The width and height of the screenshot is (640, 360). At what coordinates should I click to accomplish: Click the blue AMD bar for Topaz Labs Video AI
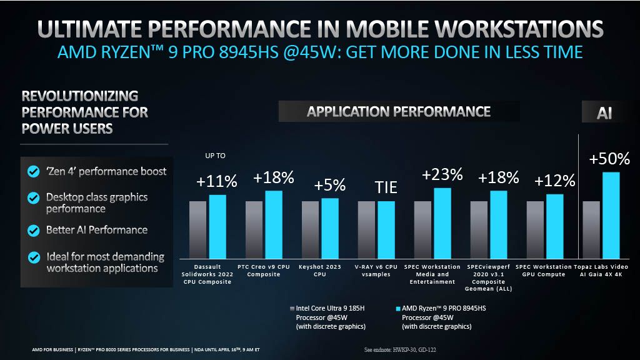pos(611,216)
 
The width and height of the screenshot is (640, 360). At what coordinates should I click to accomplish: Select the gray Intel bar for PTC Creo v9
pos(254,229)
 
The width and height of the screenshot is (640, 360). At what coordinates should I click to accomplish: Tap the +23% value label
pos(442,174)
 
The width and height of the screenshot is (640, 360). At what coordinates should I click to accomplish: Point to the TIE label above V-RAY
pos(386,187)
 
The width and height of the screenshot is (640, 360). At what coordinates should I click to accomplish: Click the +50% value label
pos(609,159)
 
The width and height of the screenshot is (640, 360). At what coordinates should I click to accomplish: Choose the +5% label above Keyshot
pos(329,186)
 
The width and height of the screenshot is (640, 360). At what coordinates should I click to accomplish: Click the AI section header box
pos(604,113)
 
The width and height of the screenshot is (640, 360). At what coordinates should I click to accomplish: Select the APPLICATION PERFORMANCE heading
pos(399,112)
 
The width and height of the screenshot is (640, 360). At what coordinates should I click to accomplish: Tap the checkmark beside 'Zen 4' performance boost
pos(32,171)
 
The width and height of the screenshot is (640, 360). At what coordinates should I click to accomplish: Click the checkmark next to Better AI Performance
pos(32,230)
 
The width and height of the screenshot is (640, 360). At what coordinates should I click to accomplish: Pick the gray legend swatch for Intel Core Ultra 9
pos(291,309)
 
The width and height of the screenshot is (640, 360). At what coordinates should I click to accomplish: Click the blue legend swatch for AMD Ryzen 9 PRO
pos(397,309)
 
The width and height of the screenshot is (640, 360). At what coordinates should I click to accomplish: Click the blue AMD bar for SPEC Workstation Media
pos(442,223)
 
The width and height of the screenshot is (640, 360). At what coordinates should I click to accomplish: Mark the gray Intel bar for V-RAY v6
pos(366,229)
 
